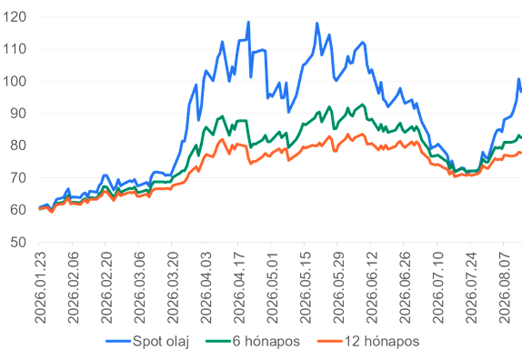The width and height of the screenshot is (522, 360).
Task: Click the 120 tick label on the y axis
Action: click(15, 16)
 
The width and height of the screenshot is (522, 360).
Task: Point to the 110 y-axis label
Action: click(15, 49)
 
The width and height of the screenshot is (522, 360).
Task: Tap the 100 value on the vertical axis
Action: click(15, 81)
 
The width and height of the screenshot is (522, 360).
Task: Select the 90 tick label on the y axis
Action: click(18, 114)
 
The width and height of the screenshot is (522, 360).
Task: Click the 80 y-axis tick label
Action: click(18, 145)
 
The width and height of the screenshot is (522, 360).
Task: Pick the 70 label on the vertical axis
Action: click(18, 177)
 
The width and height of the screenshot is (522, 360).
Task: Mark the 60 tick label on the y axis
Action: click(18, 210)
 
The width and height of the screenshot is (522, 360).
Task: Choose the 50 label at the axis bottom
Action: click(18, 242)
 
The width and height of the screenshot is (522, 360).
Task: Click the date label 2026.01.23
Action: click(40, 287)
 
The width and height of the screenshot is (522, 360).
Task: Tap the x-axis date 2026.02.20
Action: click(106, 287)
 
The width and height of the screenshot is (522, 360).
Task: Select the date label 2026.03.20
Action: click(173, 287)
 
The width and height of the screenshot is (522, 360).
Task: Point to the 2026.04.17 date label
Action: click(239, 287)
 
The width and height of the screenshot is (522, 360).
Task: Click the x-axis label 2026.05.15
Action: click(306, 287)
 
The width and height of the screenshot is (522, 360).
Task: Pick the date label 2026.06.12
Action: click(372, 287)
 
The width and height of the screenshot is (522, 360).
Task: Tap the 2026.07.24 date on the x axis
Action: click(471, 287)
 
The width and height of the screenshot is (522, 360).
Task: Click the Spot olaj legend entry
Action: click(147, 342)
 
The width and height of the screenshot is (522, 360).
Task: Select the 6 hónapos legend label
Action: click(253, 342)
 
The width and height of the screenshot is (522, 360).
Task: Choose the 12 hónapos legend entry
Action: click(368, 342)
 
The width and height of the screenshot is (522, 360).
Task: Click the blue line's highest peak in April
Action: click(248, 23)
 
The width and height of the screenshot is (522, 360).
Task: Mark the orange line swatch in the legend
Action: click(329, 342)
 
